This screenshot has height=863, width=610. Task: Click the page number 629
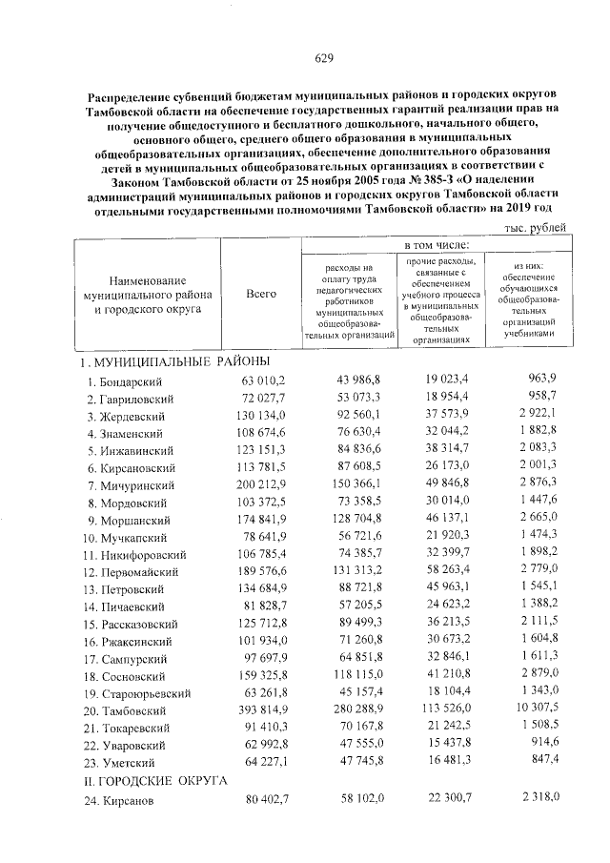(x=323, y=59)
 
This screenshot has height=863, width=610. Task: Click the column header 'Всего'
(x=261, y=295)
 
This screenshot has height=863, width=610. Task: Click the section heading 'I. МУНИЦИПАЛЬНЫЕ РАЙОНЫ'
(x=174, y=361)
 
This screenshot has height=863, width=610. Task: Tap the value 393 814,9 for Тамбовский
(x=259, y=711)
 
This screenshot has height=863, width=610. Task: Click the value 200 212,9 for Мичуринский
(x=259, y=485)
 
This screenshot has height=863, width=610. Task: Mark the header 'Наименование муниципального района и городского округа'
(x=146, y=296)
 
